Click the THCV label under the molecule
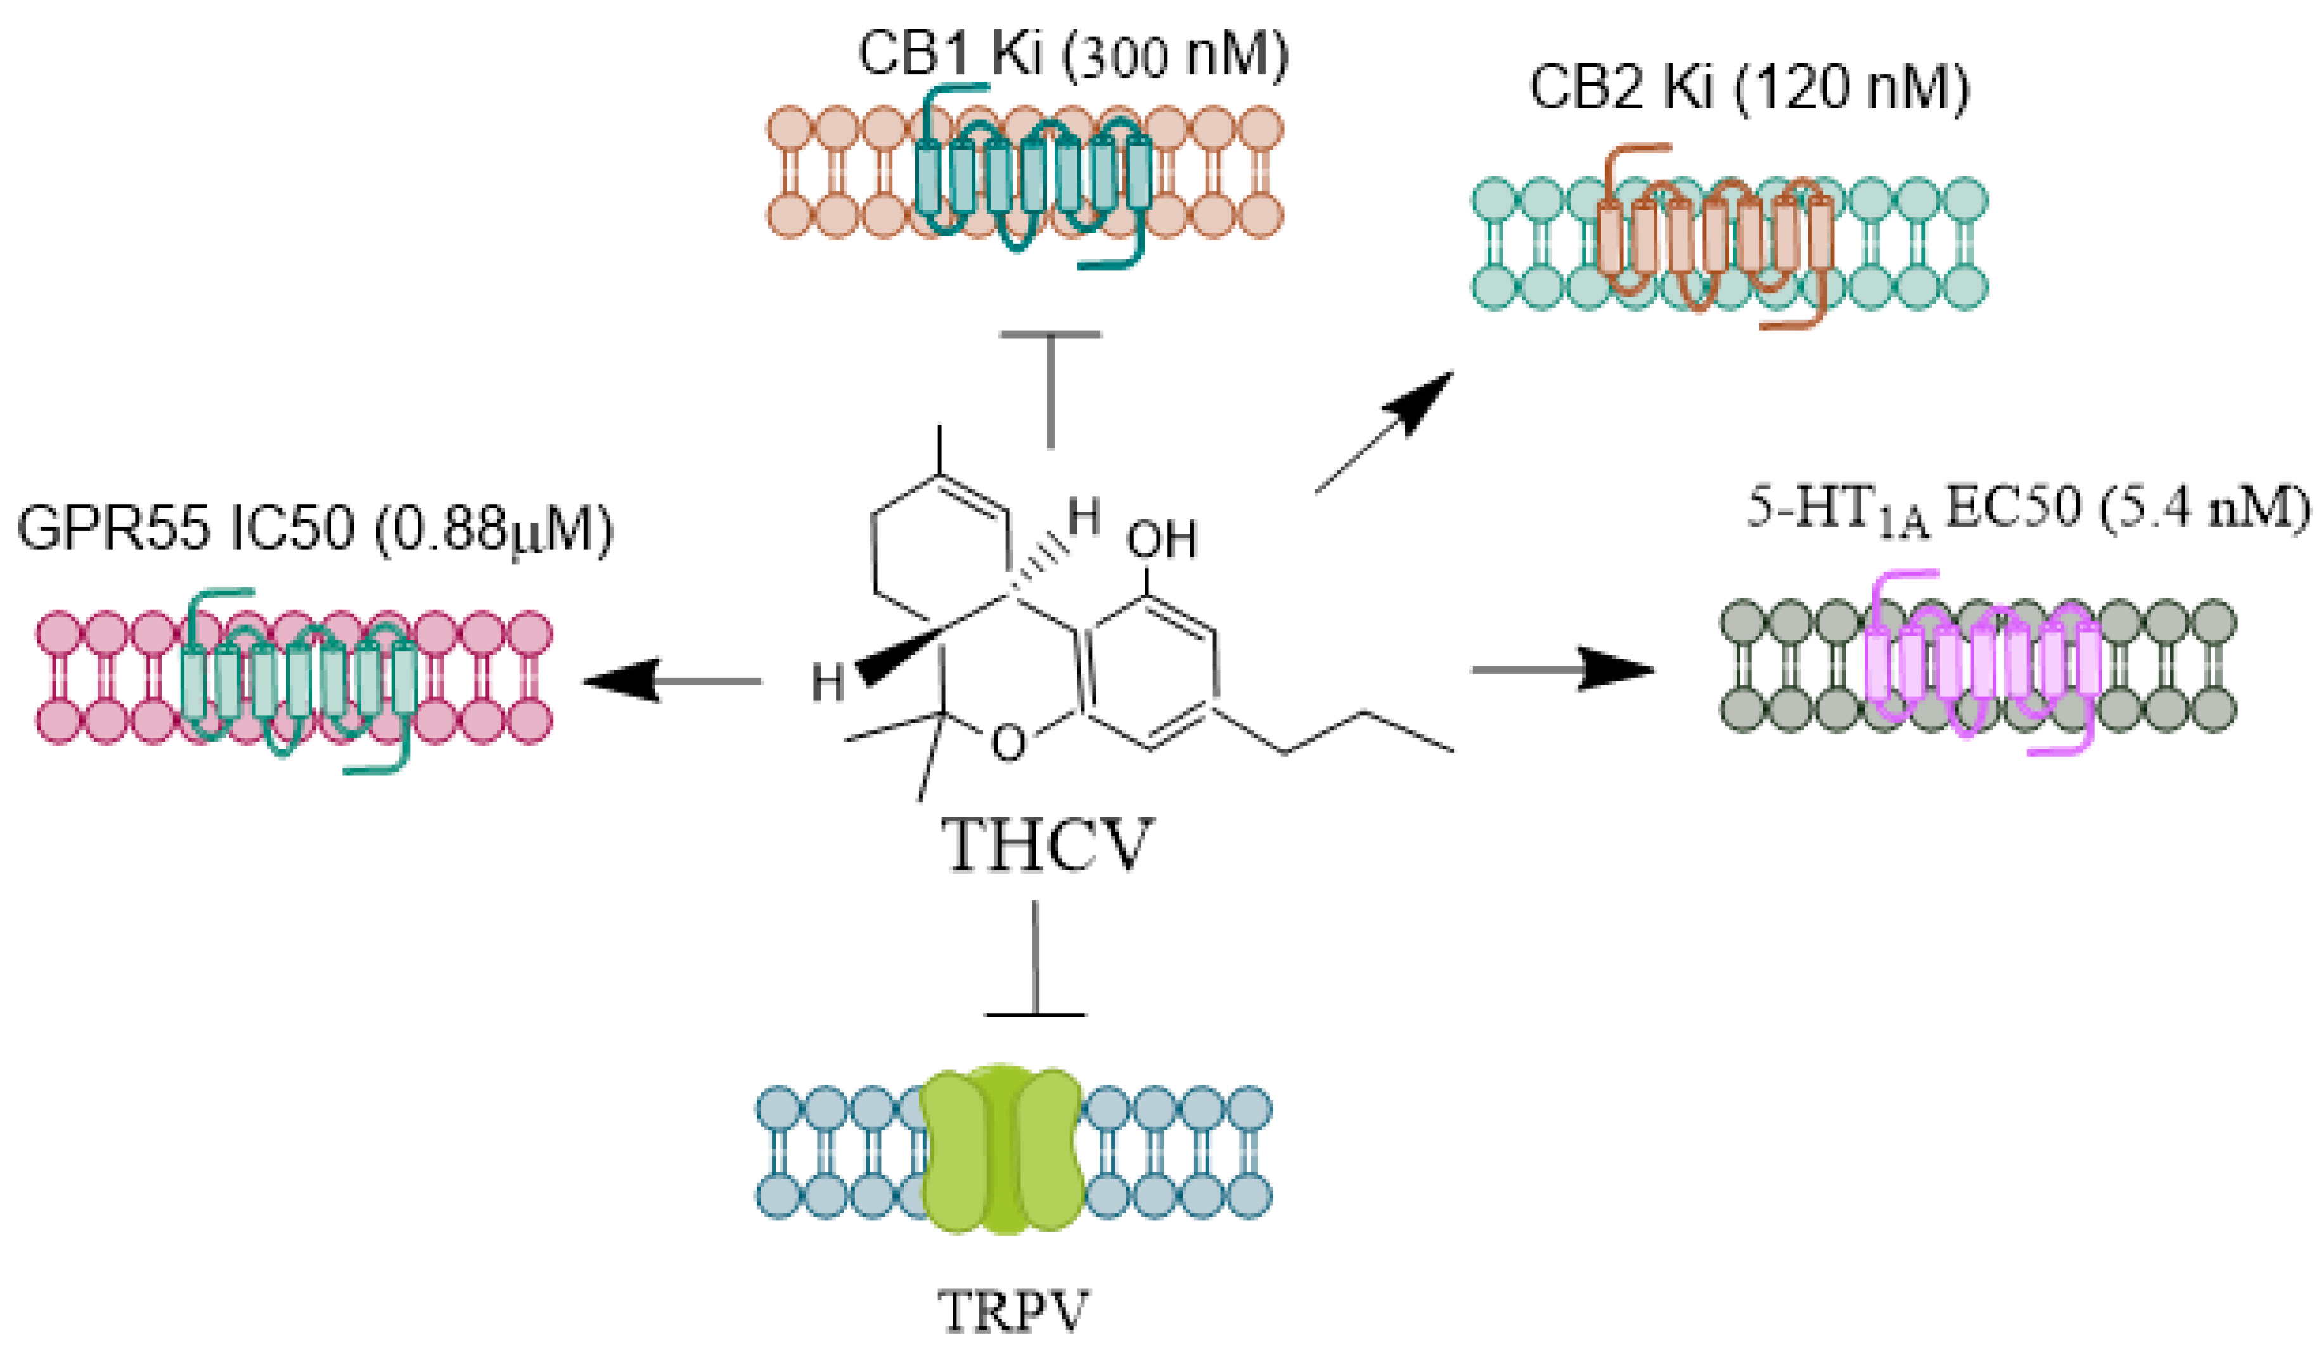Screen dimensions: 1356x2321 pos(1046,846)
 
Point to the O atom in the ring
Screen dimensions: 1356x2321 pos(1008,742)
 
